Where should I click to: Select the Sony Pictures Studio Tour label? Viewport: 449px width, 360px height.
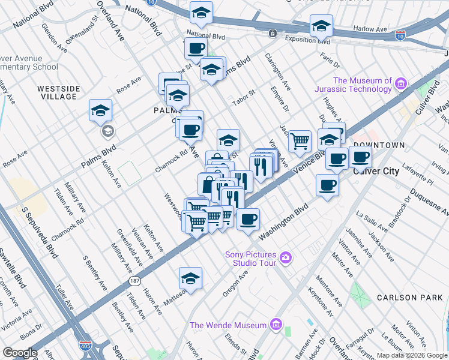(250, 258)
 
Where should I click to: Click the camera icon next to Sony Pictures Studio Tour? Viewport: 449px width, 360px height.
(286, 258)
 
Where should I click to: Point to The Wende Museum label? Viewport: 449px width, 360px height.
(228, 325)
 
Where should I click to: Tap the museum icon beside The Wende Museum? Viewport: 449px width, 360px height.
(276, 325)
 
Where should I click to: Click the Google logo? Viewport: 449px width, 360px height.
(20, 353)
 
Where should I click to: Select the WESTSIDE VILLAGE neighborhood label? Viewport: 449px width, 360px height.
(59, 92)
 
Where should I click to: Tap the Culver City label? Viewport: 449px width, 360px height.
(376, 171)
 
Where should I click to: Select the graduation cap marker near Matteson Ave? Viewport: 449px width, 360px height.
(190, 278)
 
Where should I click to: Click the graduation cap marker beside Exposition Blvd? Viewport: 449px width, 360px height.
(321, 26)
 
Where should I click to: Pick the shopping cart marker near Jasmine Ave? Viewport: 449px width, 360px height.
(300, 142)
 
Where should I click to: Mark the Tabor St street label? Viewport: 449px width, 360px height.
(244, 97)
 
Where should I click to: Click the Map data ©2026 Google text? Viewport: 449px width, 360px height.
(412, 355)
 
